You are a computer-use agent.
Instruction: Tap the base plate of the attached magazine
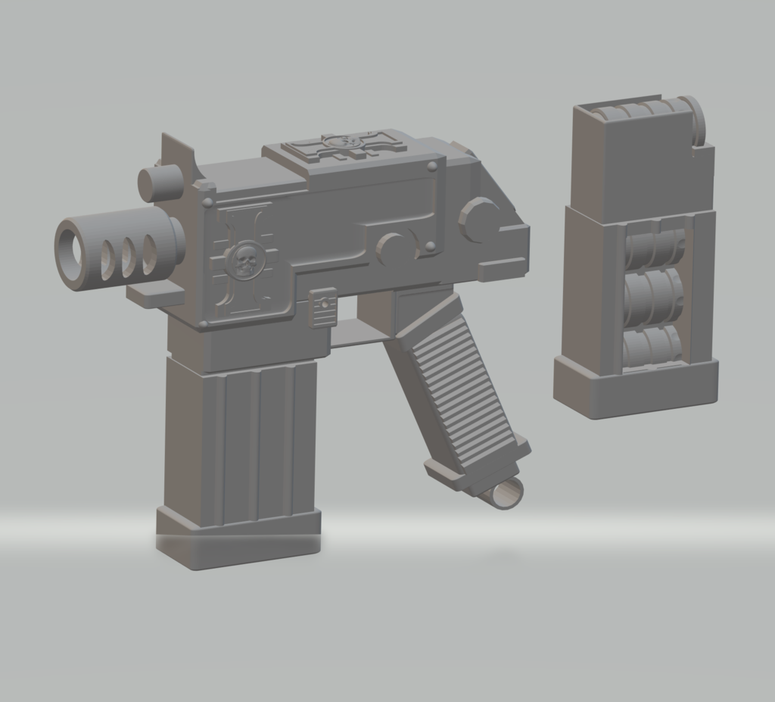pos(238,538)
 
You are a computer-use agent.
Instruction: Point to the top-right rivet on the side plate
pos(431,166)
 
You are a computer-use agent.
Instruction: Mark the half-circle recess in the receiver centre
pos(393,247)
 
